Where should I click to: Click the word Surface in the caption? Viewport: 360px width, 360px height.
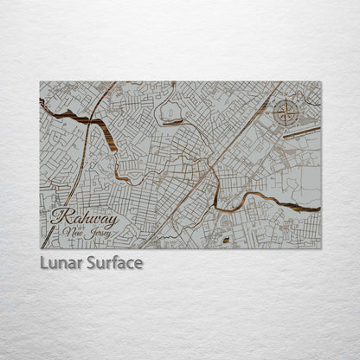click(114, 263)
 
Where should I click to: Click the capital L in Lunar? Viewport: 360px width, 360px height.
click(44, 263)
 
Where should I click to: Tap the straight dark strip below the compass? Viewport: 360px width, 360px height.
click(301, 132)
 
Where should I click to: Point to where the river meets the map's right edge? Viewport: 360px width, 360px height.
click(320, 209)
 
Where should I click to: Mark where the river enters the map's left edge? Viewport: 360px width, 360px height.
click(41, 102)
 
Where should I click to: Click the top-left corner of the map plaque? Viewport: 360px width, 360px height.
click(40, 82)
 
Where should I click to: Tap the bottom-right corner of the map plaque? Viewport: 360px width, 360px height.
click(321, 248)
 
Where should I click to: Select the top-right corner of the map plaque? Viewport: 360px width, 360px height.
click(321, 82)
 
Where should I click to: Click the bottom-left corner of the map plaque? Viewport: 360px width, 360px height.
click(40, 248)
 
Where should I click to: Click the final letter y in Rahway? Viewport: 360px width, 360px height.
click(114, 220)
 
